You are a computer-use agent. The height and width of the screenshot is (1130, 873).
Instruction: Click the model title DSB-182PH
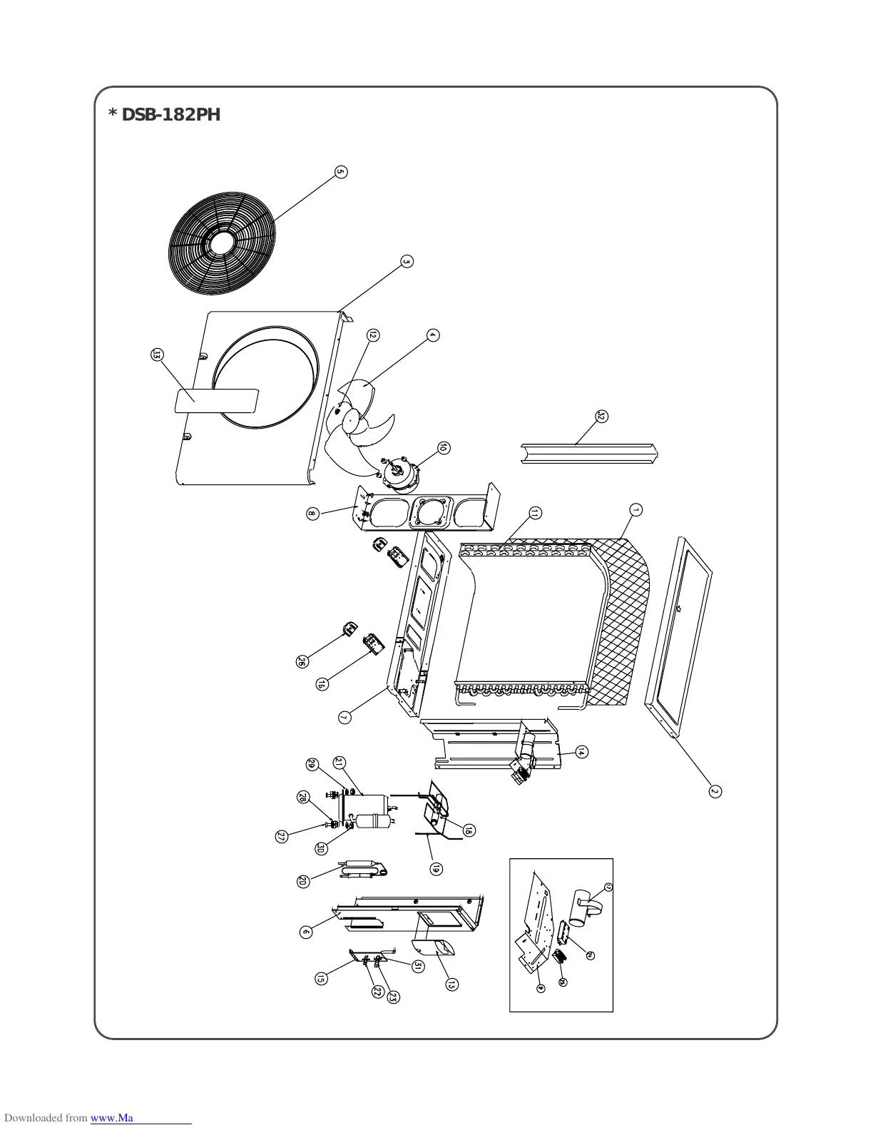point(164,115)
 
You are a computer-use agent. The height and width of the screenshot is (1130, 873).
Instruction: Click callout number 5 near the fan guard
point(341,172)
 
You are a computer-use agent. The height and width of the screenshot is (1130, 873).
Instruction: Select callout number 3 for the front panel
point(407,261)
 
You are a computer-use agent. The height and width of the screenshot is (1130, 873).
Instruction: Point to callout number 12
point(372,335)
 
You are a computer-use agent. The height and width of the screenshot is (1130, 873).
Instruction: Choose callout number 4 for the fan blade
point(432,335)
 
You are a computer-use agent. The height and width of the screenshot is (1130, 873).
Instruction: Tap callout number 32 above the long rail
point(601,417)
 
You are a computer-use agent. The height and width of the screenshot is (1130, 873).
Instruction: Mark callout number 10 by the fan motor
point(444,448)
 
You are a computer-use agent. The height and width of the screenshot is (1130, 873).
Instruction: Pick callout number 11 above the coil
point(535,513)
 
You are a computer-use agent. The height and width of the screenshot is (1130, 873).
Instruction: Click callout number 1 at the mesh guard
point(635,509)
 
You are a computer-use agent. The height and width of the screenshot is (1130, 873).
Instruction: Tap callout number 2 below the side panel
point(715,790)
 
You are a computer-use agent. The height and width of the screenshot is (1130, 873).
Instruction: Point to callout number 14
point(581,752)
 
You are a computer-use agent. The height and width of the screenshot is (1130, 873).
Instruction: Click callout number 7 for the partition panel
point(344,717)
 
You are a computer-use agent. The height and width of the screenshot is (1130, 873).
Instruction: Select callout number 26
point(302,662)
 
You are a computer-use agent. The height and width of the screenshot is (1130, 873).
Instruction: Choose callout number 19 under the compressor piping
point(436,869)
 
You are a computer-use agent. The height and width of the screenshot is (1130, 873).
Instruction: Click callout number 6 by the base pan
point(305,932)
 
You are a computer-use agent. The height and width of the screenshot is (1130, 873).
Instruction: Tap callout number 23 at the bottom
point(392,998)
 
